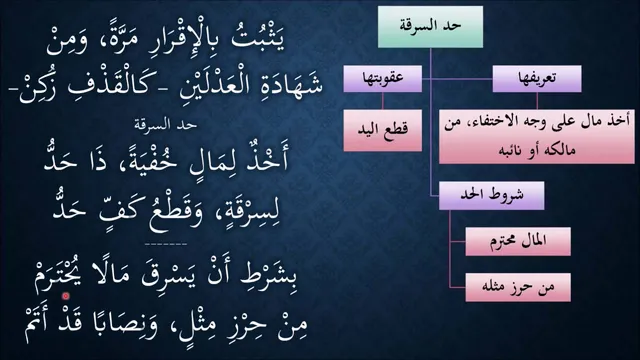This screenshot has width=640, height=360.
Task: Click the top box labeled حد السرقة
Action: [x=430, y=27]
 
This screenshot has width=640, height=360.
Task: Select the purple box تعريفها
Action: [x=537, y=79]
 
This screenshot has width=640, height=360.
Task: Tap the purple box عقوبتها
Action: [x=382, y=79]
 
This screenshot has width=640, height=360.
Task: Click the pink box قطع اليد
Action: [x=382, y=130]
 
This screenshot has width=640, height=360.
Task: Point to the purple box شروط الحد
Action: [x=491, y=196]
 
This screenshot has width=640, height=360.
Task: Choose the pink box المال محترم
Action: [x=518, y=242]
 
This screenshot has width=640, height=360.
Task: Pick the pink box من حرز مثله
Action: [x=518, y=287]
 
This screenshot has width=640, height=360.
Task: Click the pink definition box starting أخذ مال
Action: [x=537, y=136]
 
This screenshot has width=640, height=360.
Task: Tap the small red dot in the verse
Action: [x=66, y=296]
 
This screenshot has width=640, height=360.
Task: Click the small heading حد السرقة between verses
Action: [x=166, y=125]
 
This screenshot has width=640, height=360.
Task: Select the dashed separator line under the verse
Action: [x=166, y=244]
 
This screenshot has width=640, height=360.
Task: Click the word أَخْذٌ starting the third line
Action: [x=266, y=157]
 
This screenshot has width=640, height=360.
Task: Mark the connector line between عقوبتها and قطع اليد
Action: [x=382, y=101]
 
